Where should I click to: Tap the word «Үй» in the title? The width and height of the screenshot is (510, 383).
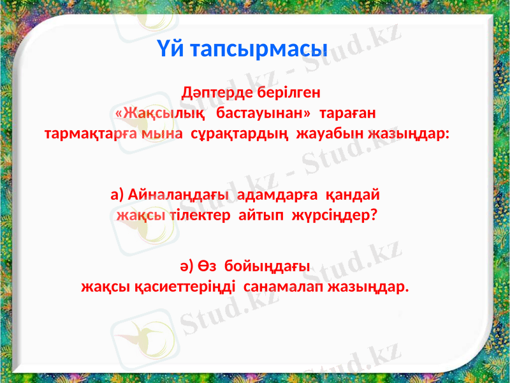tap(169, 48)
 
